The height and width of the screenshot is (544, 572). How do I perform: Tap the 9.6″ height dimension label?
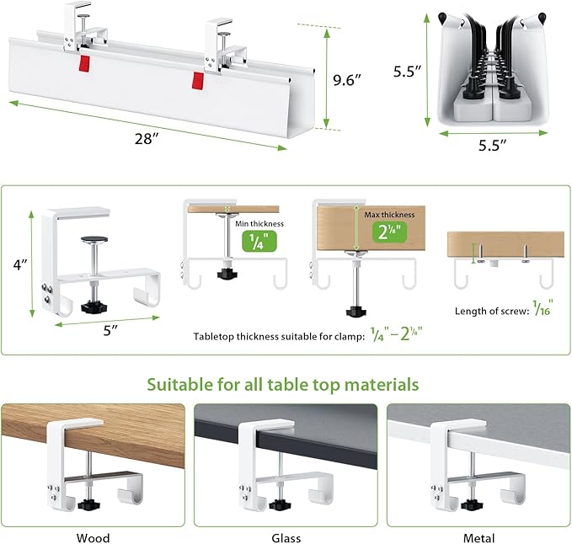(347, 82)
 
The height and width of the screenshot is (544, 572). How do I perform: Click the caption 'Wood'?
(93, 537)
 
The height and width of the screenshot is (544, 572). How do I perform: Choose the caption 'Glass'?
(285, 537)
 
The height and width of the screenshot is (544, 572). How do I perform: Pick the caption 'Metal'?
(478, 537)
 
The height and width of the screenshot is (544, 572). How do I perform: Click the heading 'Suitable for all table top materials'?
(283, 385)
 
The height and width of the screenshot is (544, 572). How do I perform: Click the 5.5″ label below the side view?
(486, 145)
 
